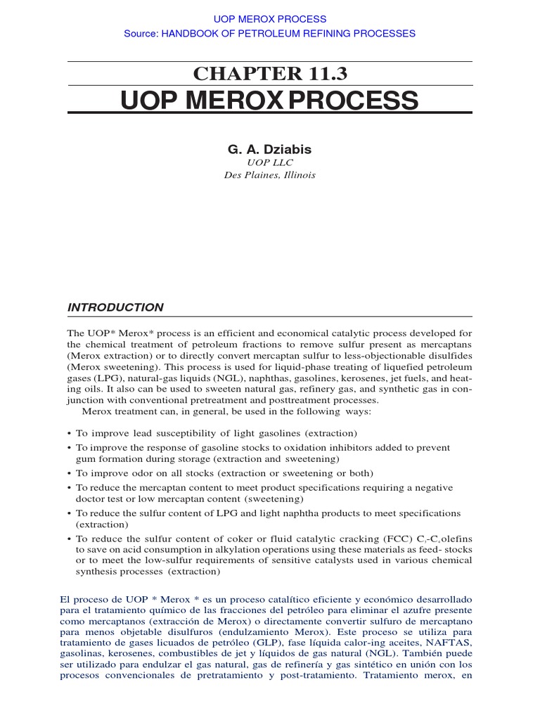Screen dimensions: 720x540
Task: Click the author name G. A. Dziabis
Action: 270,149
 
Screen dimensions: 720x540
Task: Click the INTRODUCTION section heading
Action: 115,307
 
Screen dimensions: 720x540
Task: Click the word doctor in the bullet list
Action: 90,499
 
